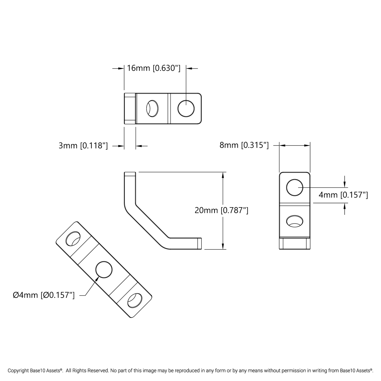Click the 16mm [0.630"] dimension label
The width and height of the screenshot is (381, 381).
(x=153, y=68)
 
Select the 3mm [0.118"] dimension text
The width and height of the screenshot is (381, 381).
(x=83, y=146)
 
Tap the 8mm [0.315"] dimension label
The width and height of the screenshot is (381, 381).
(x=244, y=145)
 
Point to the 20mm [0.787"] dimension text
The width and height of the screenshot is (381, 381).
(x=221, y=210)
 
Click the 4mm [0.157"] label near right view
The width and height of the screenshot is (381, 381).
(x=343, y=195)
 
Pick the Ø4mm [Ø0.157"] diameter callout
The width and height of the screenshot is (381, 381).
(x=44, y=295)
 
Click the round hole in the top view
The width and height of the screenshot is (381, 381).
(x=186, y=108)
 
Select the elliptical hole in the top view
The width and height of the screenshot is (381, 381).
(x=153, y=108)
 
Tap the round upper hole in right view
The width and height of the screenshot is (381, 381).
(x=295, y=187)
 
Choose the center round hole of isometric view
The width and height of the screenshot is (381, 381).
(x=104, y=269)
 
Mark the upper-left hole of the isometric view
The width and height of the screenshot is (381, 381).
(x=73, y=239)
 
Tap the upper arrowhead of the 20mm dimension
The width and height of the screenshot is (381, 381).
(x=223, y=175)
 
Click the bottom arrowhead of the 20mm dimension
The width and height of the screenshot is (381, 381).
(x=223, y=246)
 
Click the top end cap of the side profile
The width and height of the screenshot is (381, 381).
(x=130, y=174)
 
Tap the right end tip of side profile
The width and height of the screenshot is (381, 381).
(x=200, y=243)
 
